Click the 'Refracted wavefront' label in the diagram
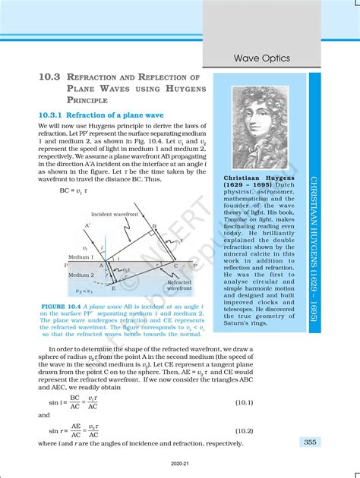point(180,285)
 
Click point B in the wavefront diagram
point(154,226)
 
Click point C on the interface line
point(177,266)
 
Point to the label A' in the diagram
point(88,225)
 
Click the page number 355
point(310,442)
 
